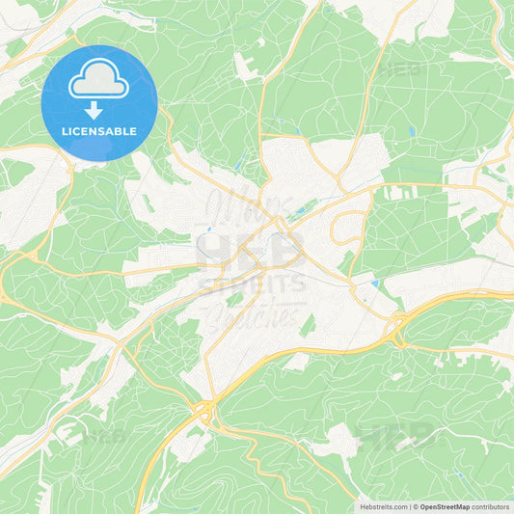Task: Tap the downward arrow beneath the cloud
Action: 99,110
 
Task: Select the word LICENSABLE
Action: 99,131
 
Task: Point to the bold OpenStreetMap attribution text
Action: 445,506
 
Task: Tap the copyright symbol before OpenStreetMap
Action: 416,506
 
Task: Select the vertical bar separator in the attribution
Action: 410,506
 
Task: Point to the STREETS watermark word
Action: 253,284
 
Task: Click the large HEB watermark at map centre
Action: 252,249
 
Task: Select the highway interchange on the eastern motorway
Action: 396,332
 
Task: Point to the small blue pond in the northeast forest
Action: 412,131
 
